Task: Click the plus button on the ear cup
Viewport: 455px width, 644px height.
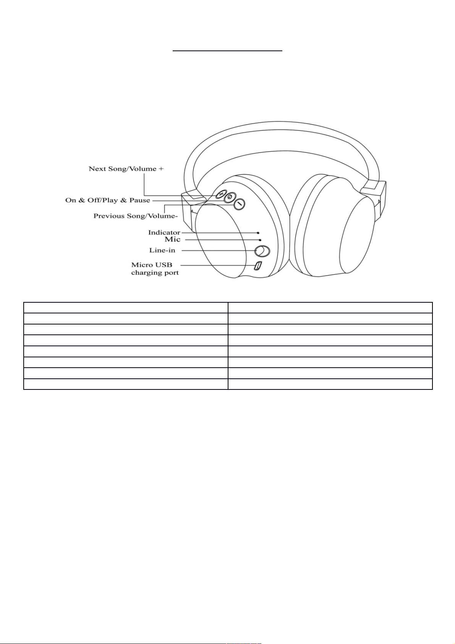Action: (x=221, y=195)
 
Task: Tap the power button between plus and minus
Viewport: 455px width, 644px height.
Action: (x=230, y=198)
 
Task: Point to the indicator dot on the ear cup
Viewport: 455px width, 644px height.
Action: (x=259, y=232)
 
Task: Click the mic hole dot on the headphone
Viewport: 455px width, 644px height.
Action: (x=260, y=240)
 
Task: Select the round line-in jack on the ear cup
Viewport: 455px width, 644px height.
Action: (x=262, y=251)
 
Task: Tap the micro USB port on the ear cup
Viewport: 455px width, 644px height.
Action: (x=258, y=266)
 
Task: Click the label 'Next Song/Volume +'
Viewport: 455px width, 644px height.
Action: (x=126, y=169)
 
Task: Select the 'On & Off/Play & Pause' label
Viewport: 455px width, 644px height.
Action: (x=108, y=200)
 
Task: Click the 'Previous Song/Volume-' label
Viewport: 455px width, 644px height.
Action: (x=136, y=216)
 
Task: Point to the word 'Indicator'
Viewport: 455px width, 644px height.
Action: (x=164, y=232)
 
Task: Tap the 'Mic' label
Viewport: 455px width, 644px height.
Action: (x=172, y=239)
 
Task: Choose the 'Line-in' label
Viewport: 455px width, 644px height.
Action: (x=162, y=250)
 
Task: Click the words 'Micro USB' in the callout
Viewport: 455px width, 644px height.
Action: (x=152, y=264)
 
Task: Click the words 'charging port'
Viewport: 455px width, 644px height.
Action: (x=155, y=273)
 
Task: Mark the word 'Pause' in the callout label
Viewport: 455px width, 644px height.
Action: (x=140, y=200)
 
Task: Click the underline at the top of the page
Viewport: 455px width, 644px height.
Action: (x=227, y=50)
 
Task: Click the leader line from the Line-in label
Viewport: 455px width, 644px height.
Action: (x=218, y=251)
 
